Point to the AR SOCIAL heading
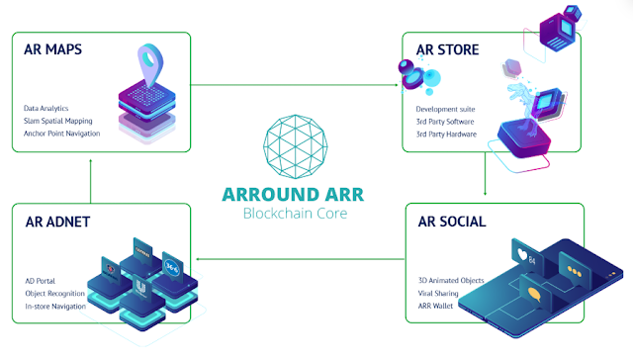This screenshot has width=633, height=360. click(450, 222)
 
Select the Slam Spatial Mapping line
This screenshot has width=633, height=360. click(58, 120)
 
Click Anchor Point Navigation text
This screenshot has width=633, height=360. click(62, 133)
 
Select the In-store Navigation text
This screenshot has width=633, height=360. click(55, 306)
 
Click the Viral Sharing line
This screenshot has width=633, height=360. click(439, 293)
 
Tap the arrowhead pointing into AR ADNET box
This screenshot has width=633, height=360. click(195, 259)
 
